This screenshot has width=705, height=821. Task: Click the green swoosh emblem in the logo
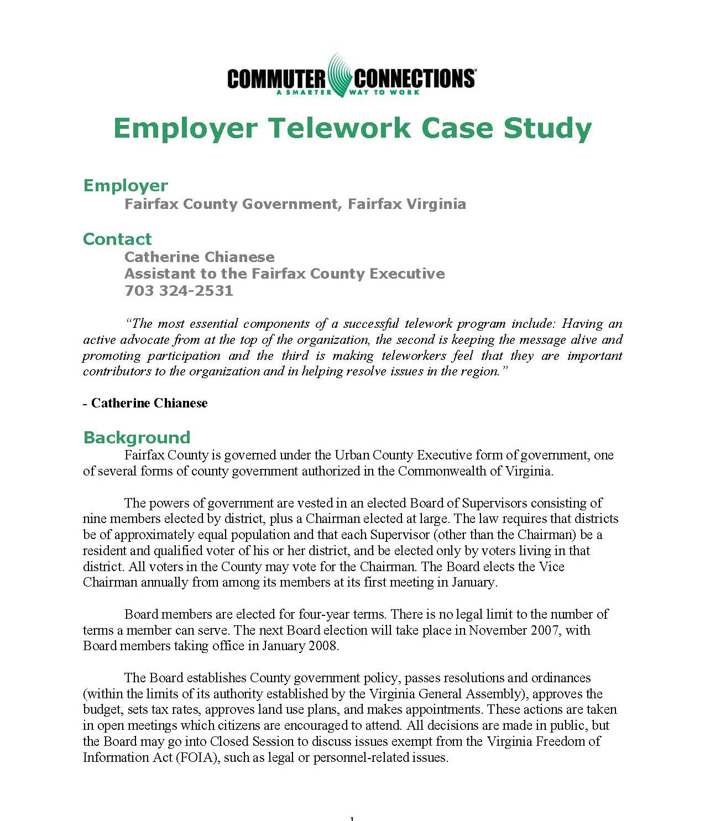[339, 75]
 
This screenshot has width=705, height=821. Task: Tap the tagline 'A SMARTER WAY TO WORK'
[348, 92]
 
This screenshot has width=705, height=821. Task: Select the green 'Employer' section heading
[126, 186]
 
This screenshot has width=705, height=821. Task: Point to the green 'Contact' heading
[117, 239]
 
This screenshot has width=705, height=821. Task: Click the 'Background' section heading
[137, 438]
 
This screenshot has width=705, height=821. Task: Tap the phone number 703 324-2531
[179, 291]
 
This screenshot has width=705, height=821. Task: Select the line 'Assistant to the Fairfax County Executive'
[284, 274]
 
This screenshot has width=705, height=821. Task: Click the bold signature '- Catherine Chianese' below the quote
[145, 403]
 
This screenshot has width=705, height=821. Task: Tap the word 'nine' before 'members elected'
[95, 519]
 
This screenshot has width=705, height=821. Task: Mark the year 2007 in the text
[541, 630]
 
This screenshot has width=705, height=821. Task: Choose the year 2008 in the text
[321, 646]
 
